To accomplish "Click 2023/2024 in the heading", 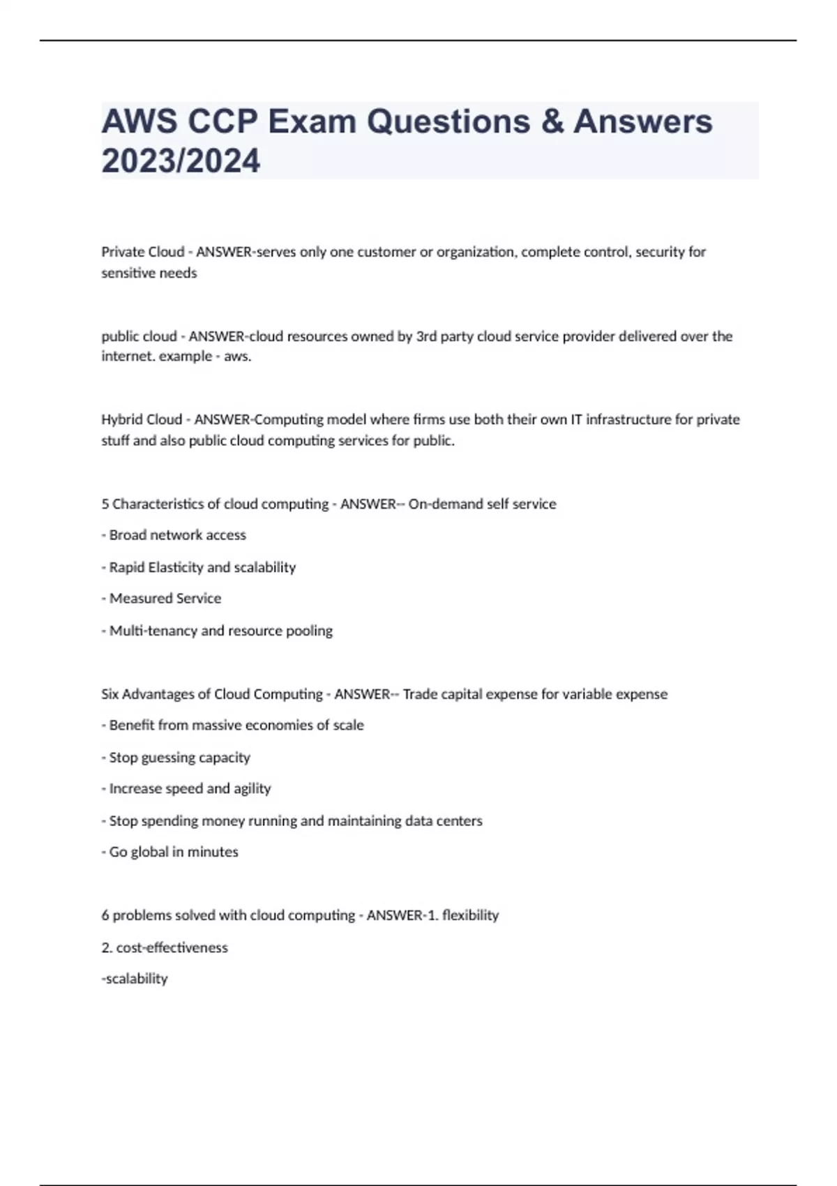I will pyautogui.click(x=181, y=161).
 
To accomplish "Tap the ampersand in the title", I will pyautogui.click(x=552, y=122).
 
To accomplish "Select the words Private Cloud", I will pyautogui.click(x=143, y=252).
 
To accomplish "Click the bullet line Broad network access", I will pyautogui.click(x=174, y=535).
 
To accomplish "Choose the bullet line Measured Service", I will pyautogui.click(x=162, y=599).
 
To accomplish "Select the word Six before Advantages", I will pyautogui.click(x=110, y=694).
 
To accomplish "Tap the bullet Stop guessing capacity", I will pyautogui.click(x=176, y=758).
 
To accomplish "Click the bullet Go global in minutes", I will pyautogui.click(x=170, y=852).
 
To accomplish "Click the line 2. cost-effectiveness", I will pyautogui.click(x=165, y=947).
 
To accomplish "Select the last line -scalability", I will pyautogui.click(x=135, y=979).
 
